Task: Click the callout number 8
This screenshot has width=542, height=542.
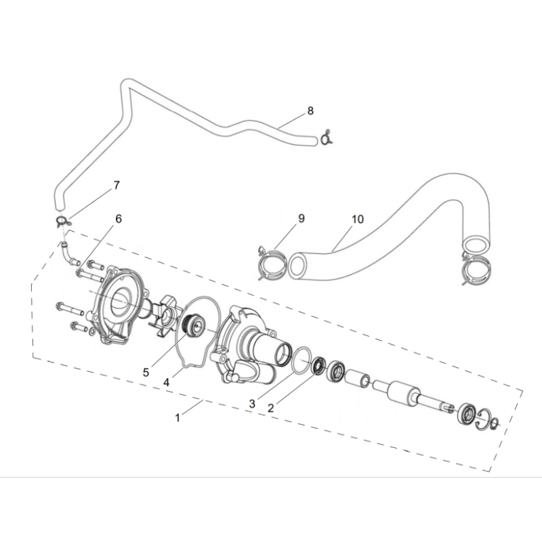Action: point(310,111)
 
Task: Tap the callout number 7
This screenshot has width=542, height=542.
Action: point(117,185)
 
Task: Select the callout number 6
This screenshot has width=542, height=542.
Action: point(119,219)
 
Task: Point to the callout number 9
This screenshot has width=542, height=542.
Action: point(301,218)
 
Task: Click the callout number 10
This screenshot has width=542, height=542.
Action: point(358,219)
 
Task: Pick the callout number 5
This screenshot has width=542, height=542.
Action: point(146,373)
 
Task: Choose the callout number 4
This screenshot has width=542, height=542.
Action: point(167,382)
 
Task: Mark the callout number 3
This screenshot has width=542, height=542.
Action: point(252,403)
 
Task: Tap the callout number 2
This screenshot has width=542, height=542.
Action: point(270,409)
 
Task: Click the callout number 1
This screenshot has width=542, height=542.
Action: point(178,418)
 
